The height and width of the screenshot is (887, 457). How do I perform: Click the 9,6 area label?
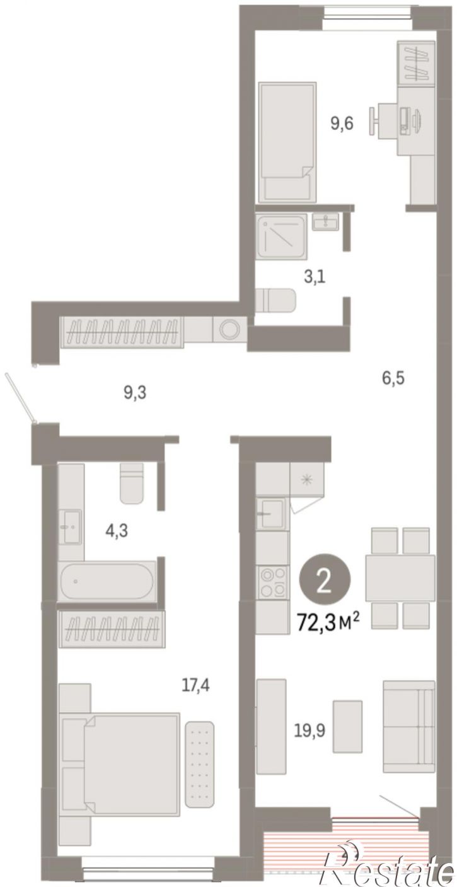(342, 124)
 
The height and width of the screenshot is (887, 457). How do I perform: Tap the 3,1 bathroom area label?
(314, 277)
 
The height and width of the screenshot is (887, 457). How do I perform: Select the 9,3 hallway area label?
(135, 393)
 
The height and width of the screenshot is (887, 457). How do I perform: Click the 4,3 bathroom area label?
(117, 530)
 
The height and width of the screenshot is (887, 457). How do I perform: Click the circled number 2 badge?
(325, 584)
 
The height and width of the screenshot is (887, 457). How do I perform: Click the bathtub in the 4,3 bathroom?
(107, 581)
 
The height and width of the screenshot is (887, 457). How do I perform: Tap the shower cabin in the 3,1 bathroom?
(281, 236)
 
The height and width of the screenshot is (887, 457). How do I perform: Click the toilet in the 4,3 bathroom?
(131, 483)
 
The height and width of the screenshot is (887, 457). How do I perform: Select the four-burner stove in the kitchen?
(272, 581)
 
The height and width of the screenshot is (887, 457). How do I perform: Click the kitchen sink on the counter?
(271, 514)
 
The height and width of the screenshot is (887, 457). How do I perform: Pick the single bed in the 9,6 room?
(287, 142)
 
